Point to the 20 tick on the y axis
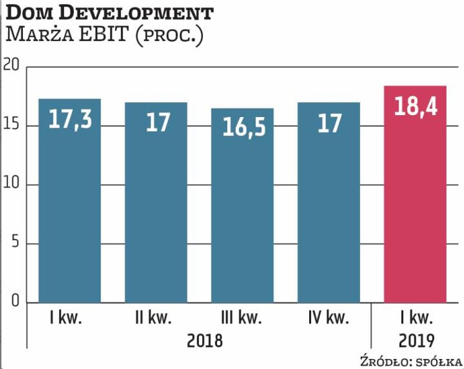click(11, 65)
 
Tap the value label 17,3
click(70, 120)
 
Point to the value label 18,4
click(415, 106)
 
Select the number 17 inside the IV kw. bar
click(328, 122)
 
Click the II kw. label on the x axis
click(153, 320)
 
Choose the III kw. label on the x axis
click(240, 320)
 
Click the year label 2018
click(202, 341)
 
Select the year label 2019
click(415, 341)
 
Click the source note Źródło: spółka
click(411, 362)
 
